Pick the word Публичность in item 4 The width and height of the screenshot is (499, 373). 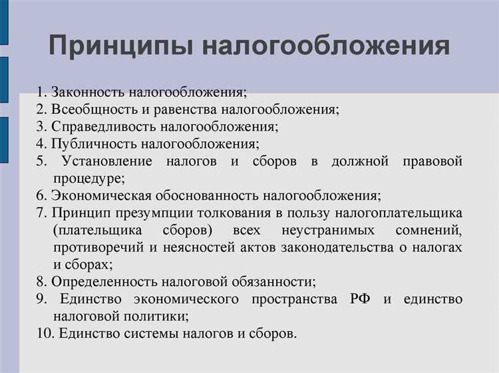[x=91, y=144]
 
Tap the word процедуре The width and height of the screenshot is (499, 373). [x=88, y=178]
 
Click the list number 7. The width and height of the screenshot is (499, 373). [x=41, y=213]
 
